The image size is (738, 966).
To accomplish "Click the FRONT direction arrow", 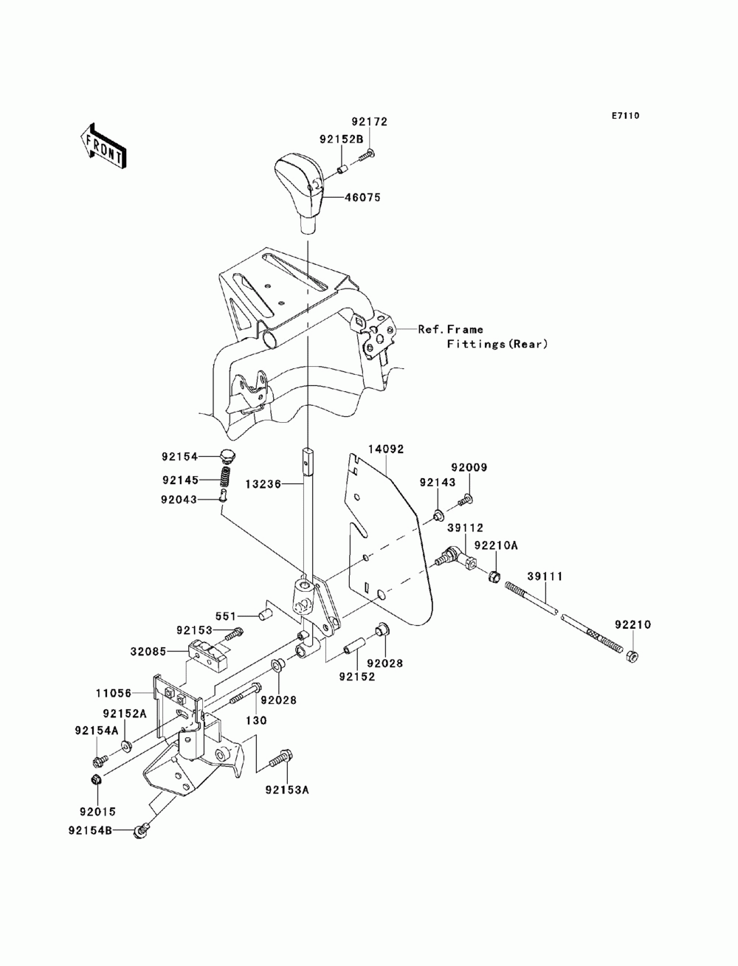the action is pyautogui.click(x=103, y=147).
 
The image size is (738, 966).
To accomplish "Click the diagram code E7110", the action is pyautogui.click(x=625, y=116).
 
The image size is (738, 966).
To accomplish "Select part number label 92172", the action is pyautogui.click(x=369, y=122).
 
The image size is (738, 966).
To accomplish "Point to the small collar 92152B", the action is pyautogui.click(x=342, y=169).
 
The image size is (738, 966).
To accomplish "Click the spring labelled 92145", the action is pyautogui.click(x=226, y=479).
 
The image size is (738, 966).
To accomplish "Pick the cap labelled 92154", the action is pyautogui.click(x=227, y=455).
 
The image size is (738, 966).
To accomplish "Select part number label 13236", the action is pyautogui.click(x=263, y=485).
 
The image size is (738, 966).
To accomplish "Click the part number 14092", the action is pyautogui.click(x=386, y=449).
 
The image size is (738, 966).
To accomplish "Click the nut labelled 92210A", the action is pyautogui.click(x=494, y=576).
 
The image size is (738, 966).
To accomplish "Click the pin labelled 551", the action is pyautogui.click(x=265, y=615).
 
